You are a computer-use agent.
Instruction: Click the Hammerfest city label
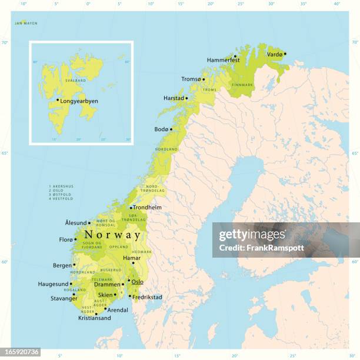[223, 60]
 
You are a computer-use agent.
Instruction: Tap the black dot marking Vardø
[285, 54]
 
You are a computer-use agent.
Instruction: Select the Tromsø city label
[191, 79]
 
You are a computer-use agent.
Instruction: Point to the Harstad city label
[174, 98]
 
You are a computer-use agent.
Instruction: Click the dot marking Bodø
[171, 129]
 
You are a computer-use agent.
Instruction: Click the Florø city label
[65, 239]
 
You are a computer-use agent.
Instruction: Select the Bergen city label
[62, 265]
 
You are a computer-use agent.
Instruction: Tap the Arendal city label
[118, 309]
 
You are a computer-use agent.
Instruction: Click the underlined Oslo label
[137, 282]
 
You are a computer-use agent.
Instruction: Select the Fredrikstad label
[148, 297]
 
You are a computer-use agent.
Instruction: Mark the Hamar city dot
[133, 263]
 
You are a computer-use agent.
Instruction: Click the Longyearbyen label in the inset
[79, 101]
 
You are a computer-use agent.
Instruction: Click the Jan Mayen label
[26, 23]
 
